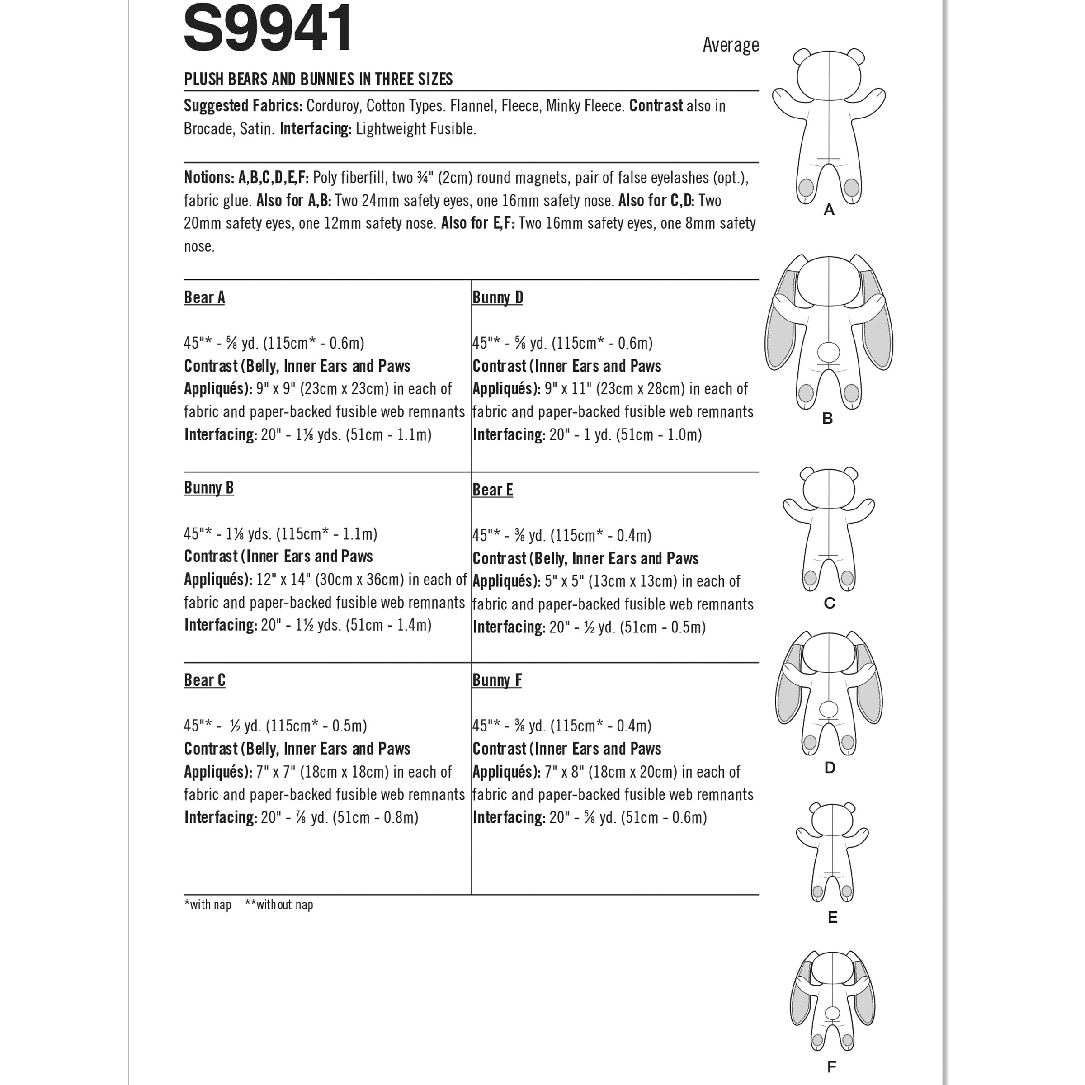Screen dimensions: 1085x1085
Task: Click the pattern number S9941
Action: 268,28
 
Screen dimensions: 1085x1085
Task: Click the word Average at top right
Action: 730,45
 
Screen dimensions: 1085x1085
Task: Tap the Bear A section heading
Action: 204,297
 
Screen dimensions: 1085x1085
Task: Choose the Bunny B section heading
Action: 208,488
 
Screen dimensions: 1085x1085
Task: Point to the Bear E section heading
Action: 492,490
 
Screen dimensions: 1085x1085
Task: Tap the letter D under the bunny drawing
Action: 830,768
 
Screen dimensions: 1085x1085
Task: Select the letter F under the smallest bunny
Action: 832,1066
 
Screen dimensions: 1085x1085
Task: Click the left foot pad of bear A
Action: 806,187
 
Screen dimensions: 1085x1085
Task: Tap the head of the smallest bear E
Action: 832,823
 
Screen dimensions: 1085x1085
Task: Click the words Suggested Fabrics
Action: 243,106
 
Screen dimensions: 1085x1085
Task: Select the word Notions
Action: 208,178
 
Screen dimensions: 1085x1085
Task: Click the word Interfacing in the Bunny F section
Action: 509,818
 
